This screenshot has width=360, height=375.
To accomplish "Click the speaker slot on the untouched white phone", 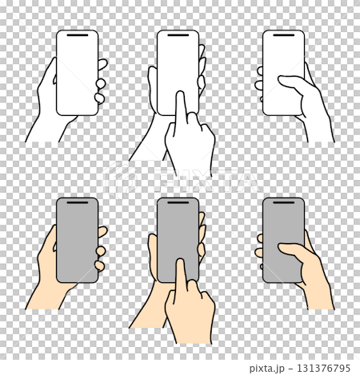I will pyautogui.click(x=77, y=37).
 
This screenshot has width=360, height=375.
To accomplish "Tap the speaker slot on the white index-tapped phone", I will pyautogui.click(x=178, y=37).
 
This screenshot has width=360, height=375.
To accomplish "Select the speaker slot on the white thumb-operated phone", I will pyautogui.click(x=284, y=37).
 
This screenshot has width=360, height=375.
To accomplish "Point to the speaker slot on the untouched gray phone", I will pyautogui.click(x=77, y=204).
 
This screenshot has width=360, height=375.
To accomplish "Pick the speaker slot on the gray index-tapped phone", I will pyautogui.click(x=178, y=204).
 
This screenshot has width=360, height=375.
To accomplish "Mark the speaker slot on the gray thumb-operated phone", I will pyautogui.click(x=284, y=204).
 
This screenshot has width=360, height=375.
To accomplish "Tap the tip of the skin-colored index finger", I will pyautogui.click(x=180, y=263).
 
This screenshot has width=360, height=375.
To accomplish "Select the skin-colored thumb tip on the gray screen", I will pyautogui.click(x=282, y=246).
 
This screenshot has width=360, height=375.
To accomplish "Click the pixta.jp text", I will pyautogui.click(x=268, y=368).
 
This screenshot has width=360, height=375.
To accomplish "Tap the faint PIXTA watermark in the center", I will pyautogui.click(x=180, y=178).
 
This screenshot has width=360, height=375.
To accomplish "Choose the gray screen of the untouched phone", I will pyautogui.click(x=77, y=240).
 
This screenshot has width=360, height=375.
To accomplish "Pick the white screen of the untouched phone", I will pyautogui.click(x=77, y=72).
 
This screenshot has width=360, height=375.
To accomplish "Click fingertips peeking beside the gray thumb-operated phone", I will pyautogui.click(x=260, y=249).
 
